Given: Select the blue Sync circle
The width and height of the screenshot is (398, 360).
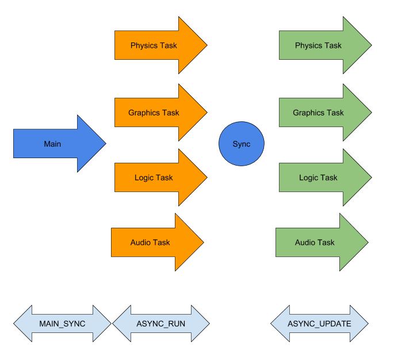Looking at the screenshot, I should click(x=242, y=144).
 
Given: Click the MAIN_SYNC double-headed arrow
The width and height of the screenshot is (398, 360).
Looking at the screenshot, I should click(x=62, y=324).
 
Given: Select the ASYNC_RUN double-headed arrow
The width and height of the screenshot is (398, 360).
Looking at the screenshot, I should click(x=161, y=324).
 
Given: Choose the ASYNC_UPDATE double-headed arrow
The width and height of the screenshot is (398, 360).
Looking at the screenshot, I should click(x=319, y=324).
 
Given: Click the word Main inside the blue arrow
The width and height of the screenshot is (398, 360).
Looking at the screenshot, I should click(x=52, y=144).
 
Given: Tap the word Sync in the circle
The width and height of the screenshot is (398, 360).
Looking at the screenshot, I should click(x=242, y=144).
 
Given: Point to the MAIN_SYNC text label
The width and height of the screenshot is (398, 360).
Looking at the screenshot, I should click(x=62, y=324).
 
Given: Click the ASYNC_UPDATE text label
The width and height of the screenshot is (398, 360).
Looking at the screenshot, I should click(x=319, y=324).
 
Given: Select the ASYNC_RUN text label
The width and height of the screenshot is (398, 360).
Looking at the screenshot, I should click(x=161, y=324).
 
